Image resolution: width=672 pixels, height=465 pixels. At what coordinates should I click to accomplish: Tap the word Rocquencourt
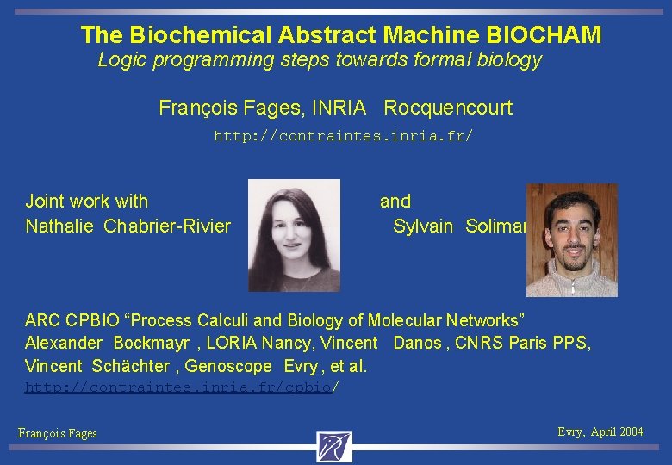[x=448, y=108]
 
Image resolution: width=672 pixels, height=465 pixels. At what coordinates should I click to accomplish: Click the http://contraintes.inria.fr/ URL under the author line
[x=343, y=136]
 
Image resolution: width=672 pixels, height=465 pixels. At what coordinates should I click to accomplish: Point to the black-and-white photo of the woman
[x=294, y=235]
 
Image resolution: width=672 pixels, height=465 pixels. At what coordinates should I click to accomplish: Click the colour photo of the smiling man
[x=572, y=239]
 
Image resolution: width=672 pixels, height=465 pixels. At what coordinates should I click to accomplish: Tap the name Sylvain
[x=422, y=226]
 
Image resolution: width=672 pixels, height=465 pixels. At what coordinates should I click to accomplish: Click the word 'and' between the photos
[x=395, y=201]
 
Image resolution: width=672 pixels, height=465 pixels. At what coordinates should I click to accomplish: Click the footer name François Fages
[x=58, y=434]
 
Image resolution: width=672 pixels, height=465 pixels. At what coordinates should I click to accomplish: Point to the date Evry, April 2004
[x=600, y=432]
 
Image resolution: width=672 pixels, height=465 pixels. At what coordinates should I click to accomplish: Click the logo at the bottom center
[x=334, y=447]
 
